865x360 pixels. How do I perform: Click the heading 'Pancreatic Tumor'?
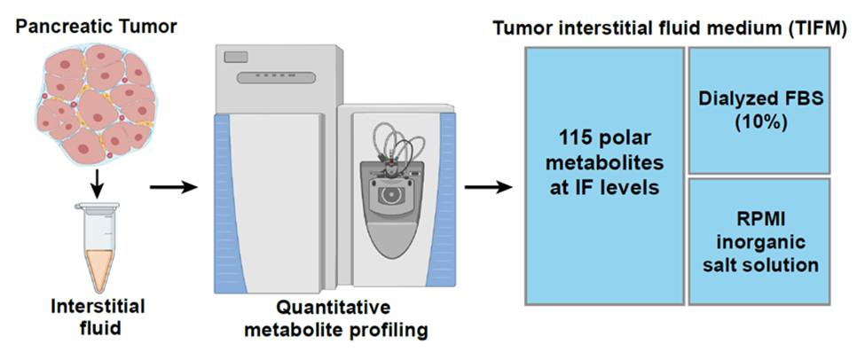96,27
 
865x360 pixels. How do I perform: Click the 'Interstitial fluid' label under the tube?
98,317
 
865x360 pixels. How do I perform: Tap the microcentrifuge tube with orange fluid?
98,247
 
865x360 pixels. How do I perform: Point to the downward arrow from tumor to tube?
97,185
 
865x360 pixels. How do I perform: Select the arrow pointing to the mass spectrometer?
174,187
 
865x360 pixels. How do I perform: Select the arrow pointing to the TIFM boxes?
489,187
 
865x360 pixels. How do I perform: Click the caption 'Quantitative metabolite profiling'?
336,318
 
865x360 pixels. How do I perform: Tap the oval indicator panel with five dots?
277,77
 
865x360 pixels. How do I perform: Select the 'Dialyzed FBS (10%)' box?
759,110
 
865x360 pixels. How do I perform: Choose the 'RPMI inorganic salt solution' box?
759,241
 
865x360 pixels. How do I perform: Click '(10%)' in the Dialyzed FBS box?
759,122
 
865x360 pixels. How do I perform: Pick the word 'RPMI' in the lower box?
759,218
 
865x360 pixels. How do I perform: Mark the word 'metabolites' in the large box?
604,162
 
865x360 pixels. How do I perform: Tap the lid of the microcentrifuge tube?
98,207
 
